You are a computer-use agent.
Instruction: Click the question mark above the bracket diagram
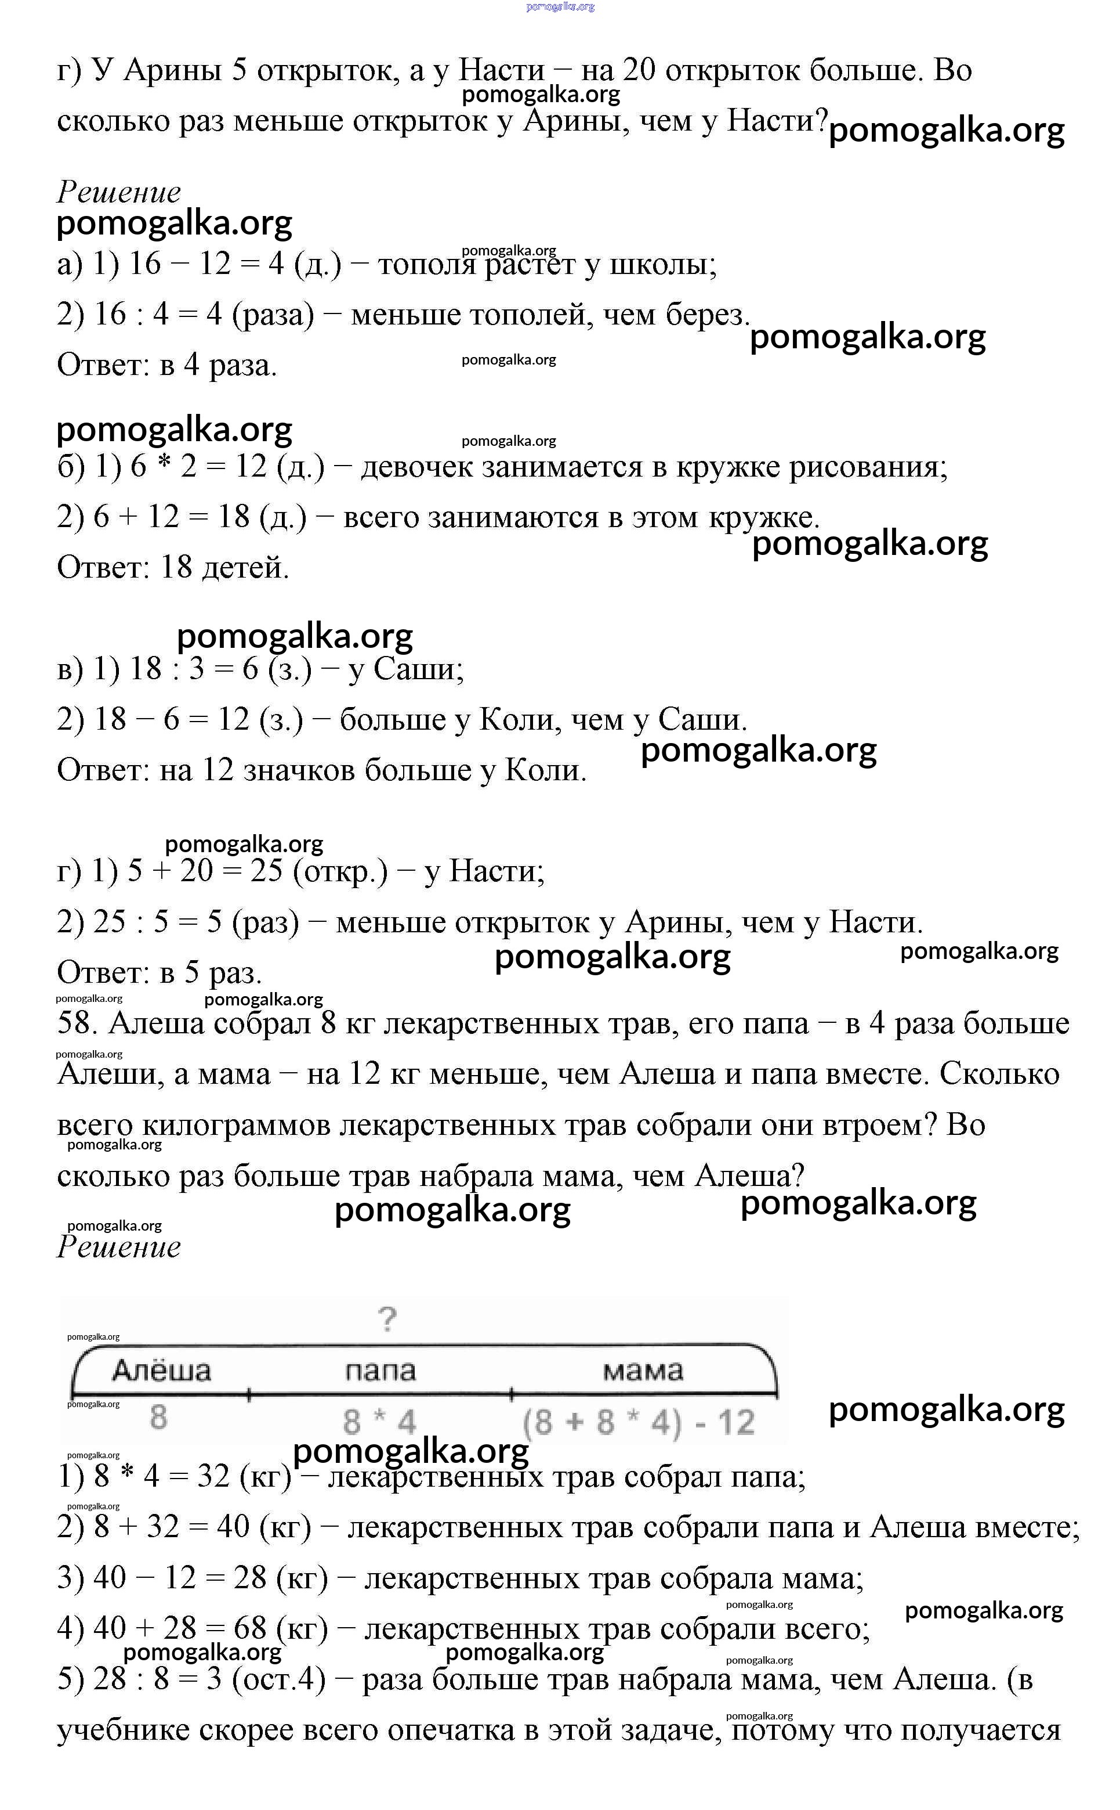coord(387,1320)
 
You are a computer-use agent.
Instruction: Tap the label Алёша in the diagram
coord(161,1371)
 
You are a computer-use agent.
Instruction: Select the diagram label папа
coord(380,1371)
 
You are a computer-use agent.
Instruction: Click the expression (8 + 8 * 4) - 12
coord(639,1422)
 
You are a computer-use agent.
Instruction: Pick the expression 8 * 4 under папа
coord(379,1422)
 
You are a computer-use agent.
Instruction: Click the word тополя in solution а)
coord(425,264)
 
